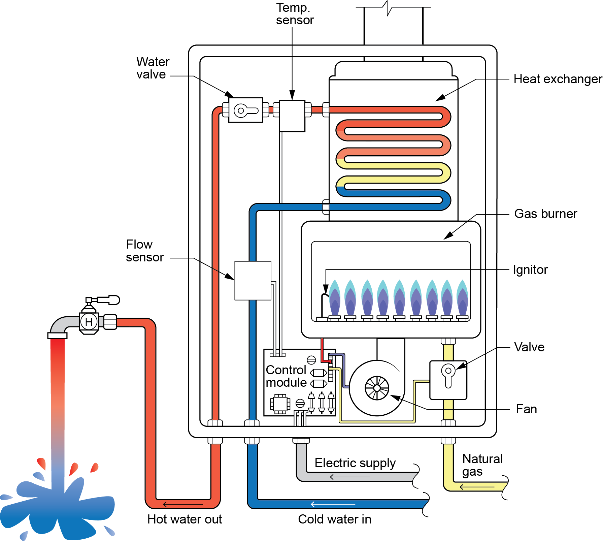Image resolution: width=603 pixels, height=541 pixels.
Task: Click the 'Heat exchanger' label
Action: point(558,79)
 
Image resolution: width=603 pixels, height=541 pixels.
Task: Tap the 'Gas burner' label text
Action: point(545,214)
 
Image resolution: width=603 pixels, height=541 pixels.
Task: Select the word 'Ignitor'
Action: point(530,270)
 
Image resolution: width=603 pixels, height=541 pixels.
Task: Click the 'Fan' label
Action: point(526,409)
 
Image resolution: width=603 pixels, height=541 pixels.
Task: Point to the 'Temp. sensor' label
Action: point(295,14)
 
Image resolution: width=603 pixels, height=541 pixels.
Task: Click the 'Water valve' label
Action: point(153,68)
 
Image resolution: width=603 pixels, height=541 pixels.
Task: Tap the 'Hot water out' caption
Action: point(185,519)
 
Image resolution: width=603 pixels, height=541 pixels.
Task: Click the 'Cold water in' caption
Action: point(335,519)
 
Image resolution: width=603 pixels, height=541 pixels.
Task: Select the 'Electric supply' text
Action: point(355,463)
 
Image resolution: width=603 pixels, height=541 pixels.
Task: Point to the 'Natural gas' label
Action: point(482,465)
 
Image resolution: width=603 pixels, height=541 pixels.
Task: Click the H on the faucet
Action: point(89,322)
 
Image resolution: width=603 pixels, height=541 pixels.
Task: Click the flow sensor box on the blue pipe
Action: point(253,281)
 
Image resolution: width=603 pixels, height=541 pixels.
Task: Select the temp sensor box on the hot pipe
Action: point(292,116)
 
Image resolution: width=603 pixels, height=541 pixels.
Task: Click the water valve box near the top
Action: point(246,110)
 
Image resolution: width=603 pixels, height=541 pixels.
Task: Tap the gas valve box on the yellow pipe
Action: point(448,380)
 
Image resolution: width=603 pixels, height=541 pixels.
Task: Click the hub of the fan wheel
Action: point(377,388)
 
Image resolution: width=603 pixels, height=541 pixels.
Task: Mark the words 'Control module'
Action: point(286,376)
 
